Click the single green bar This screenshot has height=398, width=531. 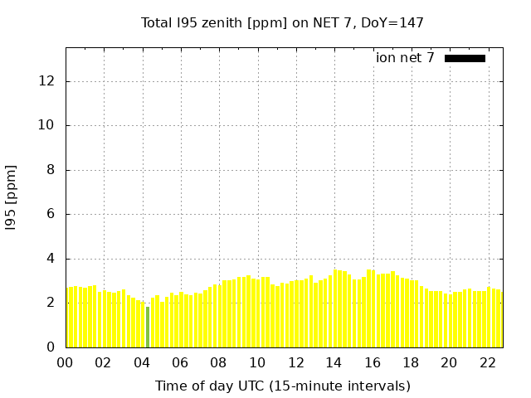148,327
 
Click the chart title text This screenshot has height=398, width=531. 282,22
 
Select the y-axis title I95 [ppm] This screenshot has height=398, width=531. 12,198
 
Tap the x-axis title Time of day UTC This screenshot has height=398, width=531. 282,386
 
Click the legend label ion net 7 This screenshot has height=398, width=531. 405,58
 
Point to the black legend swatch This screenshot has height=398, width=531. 465,58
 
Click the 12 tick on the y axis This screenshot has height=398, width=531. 46,81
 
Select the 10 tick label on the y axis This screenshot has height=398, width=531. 46,125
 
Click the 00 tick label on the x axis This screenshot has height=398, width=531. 66,362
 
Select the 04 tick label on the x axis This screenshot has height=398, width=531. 142,362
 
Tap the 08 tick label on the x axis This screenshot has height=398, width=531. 219,362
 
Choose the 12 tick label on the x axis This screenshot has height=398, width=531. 295,362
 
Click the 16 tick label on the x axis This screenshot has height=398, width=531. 373,362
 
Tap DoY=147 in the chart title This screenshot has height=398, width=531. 391,22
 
